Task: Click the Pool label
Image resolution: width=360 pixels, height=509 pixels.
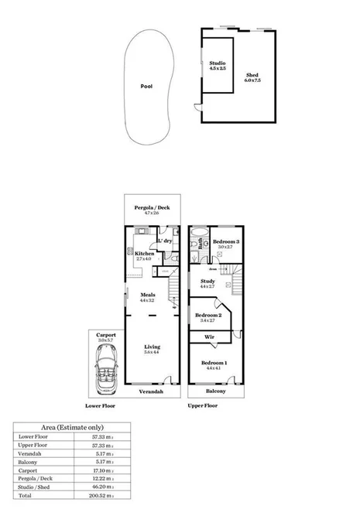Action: pos(146,87)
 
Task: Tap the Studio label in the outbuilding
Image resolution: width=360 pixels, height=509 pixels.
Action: pos(217,65)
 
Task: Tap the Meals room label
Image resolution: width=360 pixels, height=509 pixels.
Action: pos(147,296)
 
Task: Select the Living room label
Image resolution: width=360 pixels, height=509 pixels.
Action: pos(152,350)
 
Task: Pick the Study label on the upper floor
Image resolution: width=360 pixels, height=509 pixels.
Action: pos(207,283)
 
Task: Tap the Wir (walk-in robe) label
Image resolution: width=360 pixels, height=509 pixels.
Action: pos(209,338)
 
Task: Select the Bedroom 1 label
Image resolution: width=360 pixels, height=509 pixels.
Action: pos(214,364)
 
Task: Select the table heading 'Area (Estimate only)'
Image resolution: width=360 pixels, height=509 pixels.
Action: pos(72,427)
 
